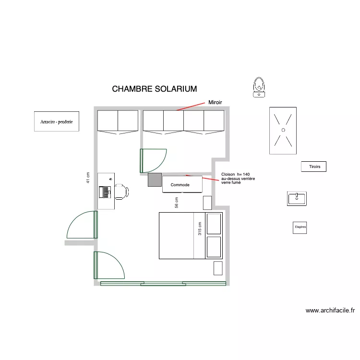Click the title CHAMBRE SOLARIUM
154,89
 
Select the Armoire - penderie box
57,122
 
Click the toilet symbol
259,87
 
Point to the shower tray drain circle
283,130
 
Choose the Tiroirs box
314,167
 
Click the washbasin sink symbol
297,198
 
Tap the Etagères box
300,228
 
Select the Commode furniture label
180,185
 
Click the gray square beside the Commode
155,180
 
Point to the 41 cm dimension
88,178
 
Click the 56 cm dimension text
177,203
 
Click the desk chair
120,191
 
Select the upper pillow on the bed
214,224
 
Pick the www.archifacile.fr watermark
330,311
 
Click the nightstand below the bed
218,267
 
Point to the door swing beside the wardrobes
153,161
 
